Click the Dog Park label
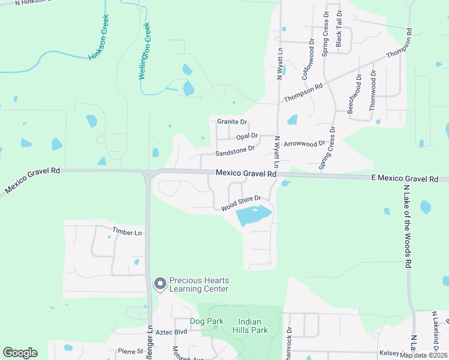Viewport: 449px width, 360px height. coord(206,321)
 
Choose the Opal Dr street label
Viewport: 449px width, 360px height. coord(247,136)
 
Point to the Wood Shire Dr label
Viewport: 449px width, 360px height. coord(241,203)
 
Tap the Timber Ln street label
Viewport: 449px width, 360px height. coord(127,232)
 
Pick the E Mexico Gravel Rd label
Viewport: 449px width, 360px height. coord(405,179)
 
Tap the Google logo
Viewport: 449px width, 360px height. coord(20,353)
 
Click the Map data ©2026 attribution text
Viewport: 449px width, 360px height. coord(424,355)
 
